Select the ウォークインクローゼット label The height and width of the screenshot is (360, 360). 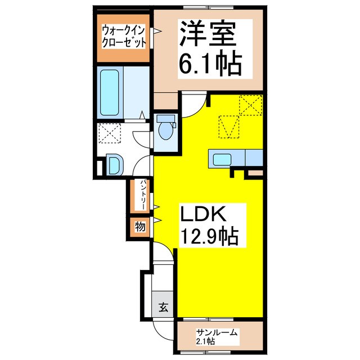pyautogui.click(x=124, y=36)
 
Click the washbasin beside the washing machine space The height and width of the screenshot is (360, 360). pyautogui.click(x=113, y=165)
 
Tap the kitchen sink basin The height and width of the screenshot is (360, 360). pyautogui.click(x=222, y=157)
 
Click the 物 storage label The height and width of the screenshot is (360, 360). pyautogui.click(x=139, y=227)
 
